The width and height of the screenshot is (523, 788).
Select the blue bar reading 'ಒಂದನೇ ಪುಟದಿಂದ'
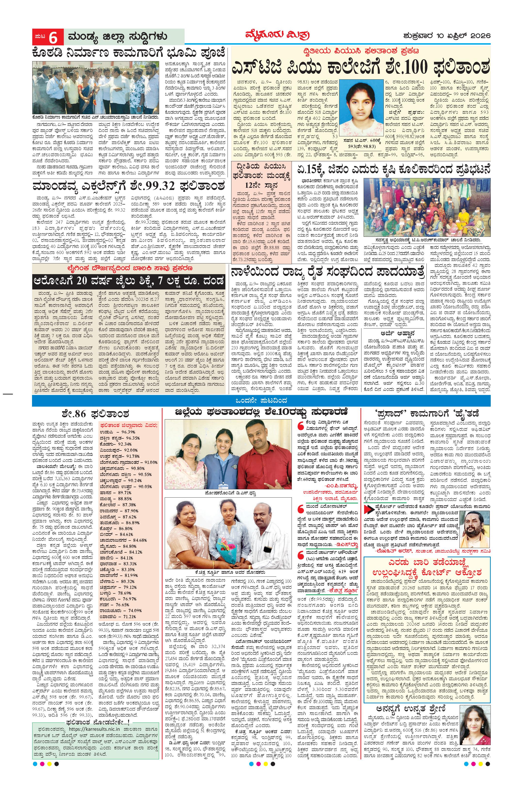click(261, 400)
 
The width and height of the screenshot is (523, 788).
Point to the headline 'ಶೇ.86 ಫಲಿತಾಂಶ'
click(97, 414)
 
